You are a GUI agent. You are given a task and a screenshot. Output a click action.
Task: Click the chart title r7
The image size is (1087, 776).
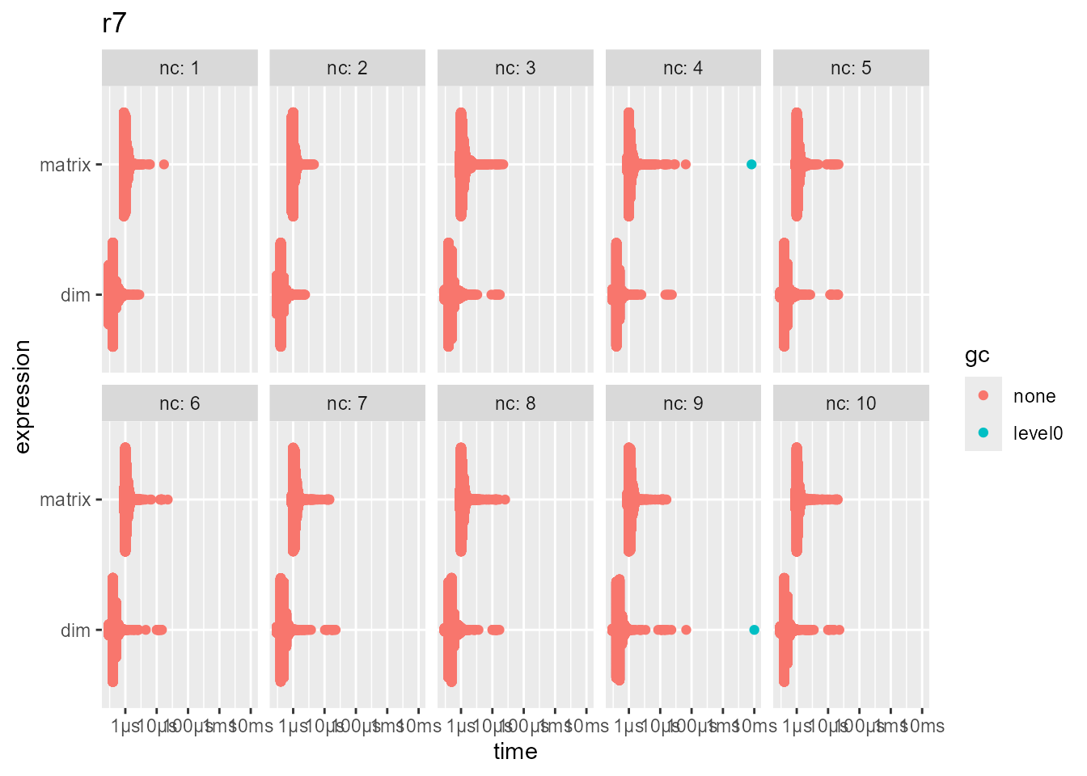tap(114, 23)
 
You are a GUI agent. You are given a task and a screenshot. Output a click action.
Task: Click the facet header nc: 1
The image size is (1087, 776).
tap(180, 68)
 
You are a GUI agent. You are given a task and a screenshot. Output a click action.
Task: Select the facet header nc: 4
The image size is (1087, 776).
tap(683, 68)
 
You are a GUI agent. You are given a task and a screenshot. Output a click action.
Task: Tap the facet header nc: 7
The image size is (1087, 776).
tap(347, 403)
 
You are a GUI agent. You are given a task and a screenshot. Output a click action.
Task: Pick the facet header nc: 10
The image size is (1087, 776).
tap(851, 403)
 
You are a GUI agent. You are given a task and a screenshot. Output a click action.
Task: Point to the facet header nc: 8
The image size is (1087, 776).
tap(515, 403)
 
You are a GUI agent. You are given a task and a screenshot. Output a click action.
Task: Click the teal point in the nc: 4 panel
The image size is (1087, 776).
tap(751, 165)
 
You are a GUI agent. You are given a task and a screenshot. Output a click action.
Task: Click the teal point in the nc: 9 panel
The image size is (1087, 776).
tap(754, 630)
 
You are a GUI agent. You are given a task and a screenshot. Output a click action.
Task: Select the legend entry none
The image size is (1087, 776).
tap(1034, 396)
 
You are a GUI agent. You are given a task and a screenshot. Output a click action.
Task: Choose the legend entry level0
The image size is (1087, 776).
tap(1038, 433)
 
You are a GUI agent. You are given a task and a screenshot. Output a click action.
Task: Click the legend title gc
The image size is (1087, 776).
tap(977, 356)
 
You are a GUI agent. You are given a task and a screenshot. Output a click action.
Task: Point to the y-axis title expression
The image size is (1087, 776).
tap(23, 396)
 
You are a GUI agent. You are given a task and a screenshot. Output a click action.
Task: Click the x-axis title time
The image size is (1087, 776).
tap(515, 752)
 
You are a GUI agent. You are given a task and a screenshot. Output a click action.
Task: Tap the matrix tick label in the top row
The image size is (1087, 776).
tap(65, 165)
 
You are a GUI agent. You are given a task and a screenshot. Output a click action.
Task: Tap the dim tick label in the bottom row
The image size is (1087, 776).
tap(75, 630)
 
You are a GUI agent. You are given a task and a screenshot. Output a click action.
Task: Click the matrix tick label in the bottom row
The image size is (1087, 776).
tap(65, 500)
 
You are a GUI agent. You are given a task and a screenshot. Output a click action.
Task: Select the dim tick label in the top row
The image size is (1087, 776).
tap(75, 295)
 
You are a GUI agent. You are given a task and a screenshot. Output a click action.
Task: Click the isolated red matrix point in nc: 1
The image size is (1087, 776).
tap(164, 165)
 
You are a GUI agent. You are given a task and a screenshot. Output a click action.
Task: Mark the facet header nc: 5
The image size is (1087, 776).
tap(851, 68)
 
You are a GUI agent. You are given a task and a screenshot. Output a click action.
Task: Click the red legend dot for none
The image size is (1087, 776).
tap(983, 395)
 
